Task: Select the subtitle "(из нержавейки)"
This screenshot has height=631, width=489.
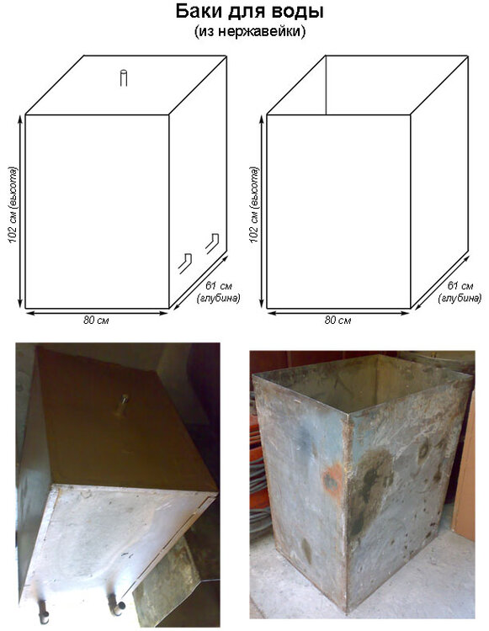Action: (x=250, y=31)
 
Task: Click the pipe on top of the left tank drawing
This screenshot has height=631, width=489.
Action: (x=124, y=77)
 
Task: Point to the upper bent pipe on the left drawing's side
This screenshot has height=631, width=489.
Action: (x=212, y=243)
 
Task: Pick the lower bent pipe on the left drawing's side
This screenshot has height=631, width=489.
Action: (x=185, y=263)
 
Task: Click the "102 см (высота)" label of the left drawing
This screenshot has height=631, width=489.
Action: (x=13, y=204)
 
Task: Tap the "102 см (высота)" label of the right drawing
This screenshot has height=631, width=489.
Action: (x=254, y=204)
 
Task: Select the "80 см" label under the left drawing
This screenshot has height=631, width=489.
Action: (x=96, y=321)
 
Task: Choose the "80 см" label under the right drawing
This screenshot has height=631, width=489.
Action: (x=338, y=321)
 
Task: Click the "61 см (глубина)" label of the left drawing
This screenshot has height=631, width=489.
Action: (x=219, y=292)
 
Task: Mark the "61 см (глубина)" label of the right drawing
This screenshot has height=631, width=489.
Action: (x=460, y=292)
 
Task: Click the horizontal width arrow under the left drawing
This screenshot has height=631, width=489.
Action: (x=97, y=313)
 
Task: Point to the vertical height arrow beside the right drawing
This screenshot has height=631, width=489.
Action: (x=263, y=211)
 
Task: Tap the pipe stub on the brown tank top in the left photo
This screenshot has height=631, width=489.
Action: (x=122, y=405)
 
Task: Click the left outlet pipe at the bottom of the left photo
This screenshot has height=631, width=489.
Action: (x=43, y=612)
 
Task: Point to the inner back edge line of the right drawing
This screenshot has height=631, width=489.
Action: (x=326, y=85)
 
